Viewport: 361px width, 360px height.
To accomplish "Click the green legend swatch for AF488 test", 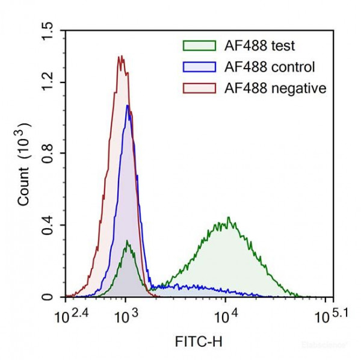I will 198,46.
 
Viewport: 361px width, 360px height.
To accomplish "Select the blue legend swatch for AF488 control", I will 198,67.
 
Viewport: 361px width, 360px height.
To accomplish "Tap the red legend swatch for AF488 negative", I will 198,88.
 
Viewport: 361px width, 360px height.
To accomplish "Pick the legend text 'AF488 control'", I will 269,67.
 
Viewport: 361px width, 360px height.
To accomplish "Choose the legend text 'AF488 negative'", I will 274,88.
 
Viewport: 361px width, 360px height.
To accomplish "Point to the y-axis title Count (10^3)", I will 23,164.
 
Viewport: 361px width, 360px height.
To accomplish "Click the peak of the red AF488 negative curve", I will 121,56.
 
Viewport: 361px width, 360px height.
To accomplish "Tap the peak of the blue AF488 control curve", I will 128,106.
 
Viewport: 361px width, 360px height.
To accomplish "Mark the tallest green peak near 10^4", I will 228,217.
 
